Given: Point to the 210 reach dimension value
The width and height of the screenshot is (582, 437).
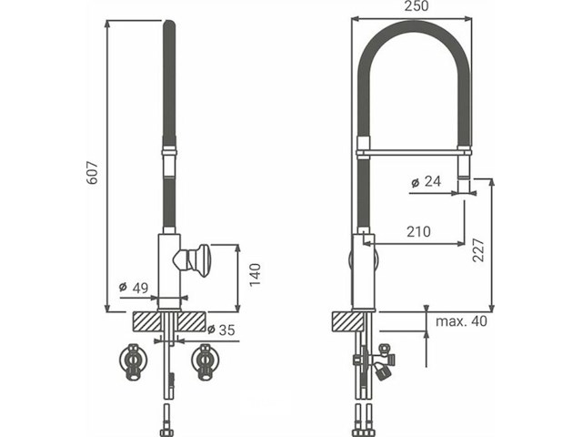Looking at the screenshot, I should point(419,232).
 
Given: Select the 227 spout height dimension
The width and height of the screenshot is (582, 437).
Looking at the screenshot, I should point(479,246).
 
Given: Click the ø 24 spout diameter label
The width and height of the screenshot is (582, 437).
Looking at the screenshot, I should point(426,182).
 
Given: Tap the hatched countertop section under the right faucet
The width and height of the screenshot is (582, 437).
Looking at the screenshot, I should point(352,321).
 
